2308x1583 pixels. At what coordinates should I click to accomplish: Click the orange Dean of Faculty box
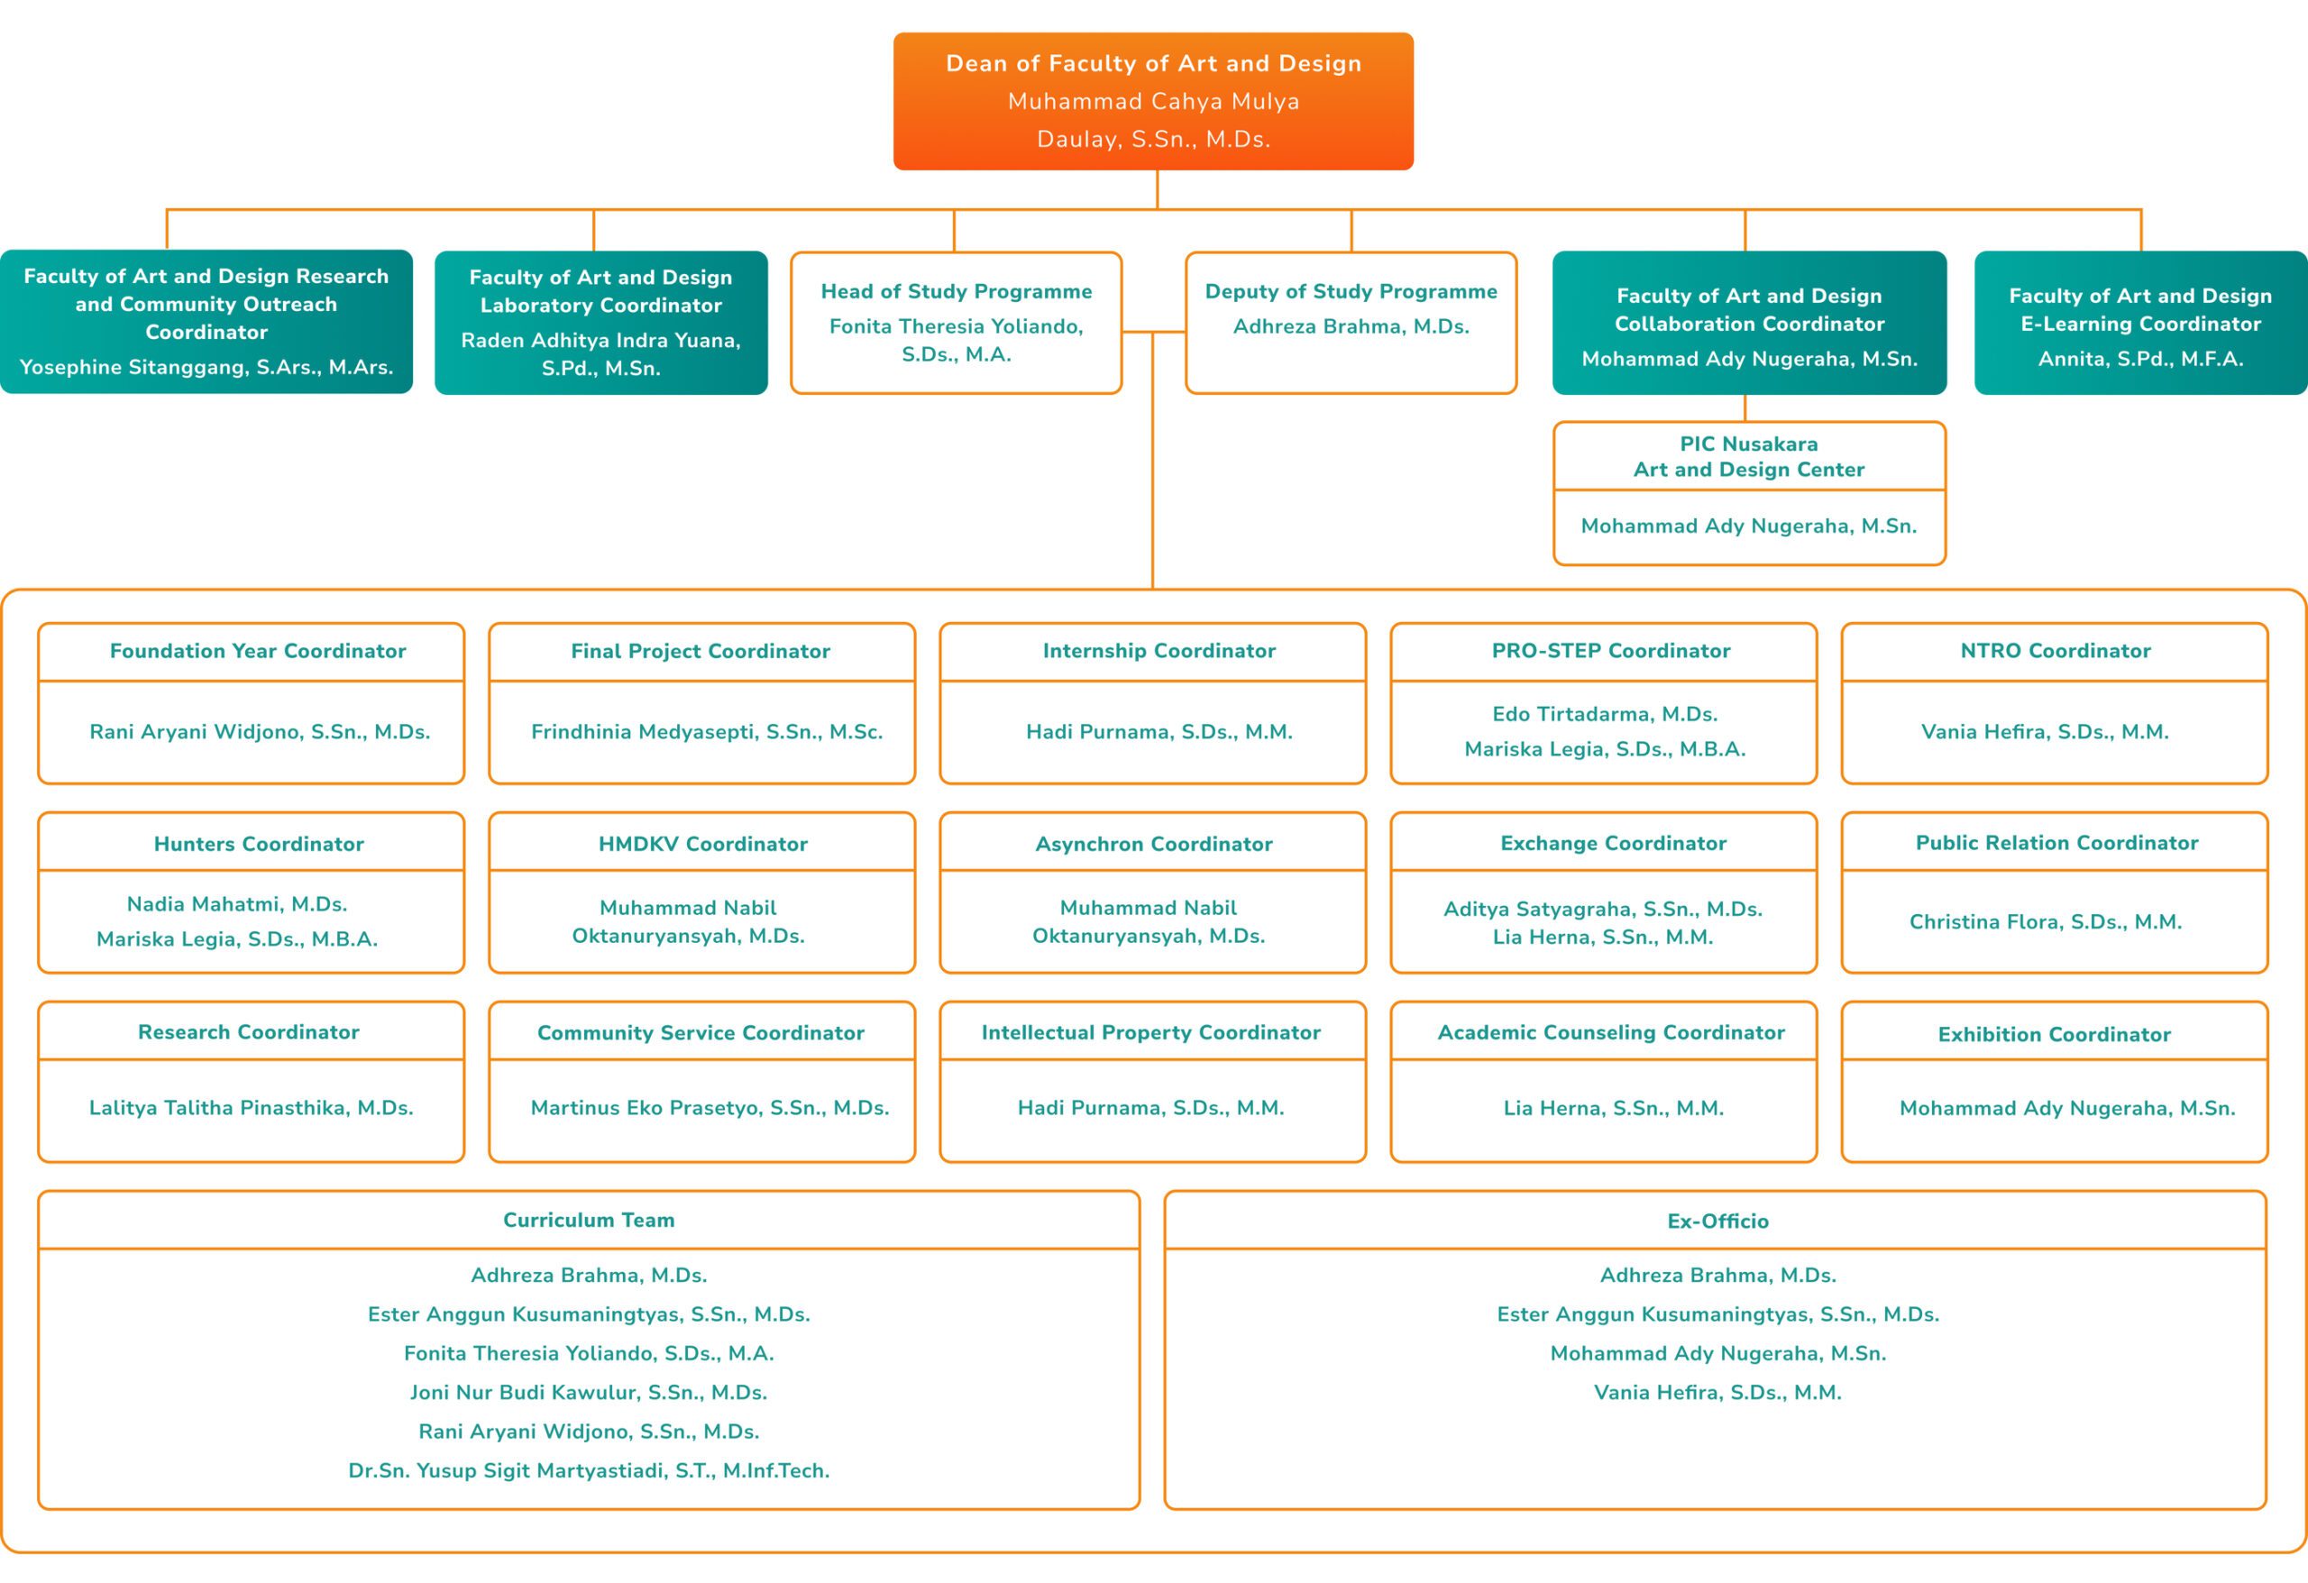(1153, 101)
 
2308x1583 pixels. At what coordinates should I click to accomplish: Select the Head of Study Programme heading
(957, 291)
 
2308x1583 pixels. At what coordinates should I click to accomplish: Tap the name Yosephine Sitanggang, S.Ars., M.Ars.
(206, 367)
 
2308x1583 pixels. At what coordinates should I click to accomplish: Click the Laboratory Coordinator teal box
(600, 323)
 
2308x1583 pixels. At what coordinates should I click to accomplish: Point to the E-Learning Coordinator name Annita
(2140, 359)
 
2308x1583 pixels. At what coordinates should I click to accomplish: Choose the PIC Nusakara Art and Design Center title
(1749, 457)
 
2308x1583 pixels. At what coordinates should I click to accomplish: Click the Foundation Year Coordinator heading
(258, 651)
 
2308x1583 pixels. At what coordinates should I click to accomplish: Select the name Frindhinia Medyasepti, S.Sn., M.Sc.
(707, 732)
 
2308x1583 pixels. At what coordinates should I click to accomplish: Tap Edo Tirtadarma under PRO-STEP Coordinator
(1605, 714)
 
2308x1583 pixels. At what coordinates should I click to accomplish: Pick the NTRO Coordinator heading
(2056, 651)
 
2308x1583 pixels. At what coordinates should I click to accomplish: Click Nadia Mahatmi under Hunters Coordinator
(237, 903)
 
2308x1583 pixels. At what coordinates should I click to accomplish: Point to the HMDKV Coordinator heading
(703, 843)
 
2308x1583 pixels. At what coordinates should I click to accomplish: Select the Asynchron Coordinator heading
(1154, 843)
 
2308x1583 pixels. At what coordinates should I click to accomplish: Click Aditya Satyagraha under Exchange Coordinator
(1603, 909)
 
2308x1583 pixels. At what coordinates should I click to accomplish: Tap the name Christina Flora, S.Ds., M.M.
(2046, 921)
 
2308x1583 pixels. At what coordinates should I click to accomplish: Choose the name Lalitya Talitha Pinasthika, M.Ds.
(252, 1107)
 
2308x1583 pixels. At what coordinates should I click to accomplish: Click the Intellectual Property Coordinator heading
(1151, 1032)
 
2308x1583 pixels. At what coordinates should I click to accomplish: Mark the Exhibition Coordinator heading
(2055, 1034)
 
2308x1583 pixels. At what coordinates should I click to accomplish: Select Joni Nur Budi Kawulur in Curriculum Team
(589, 1392)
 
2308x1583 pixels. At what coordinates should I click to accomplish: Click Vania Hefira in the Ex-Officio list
(1718, 1392)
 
